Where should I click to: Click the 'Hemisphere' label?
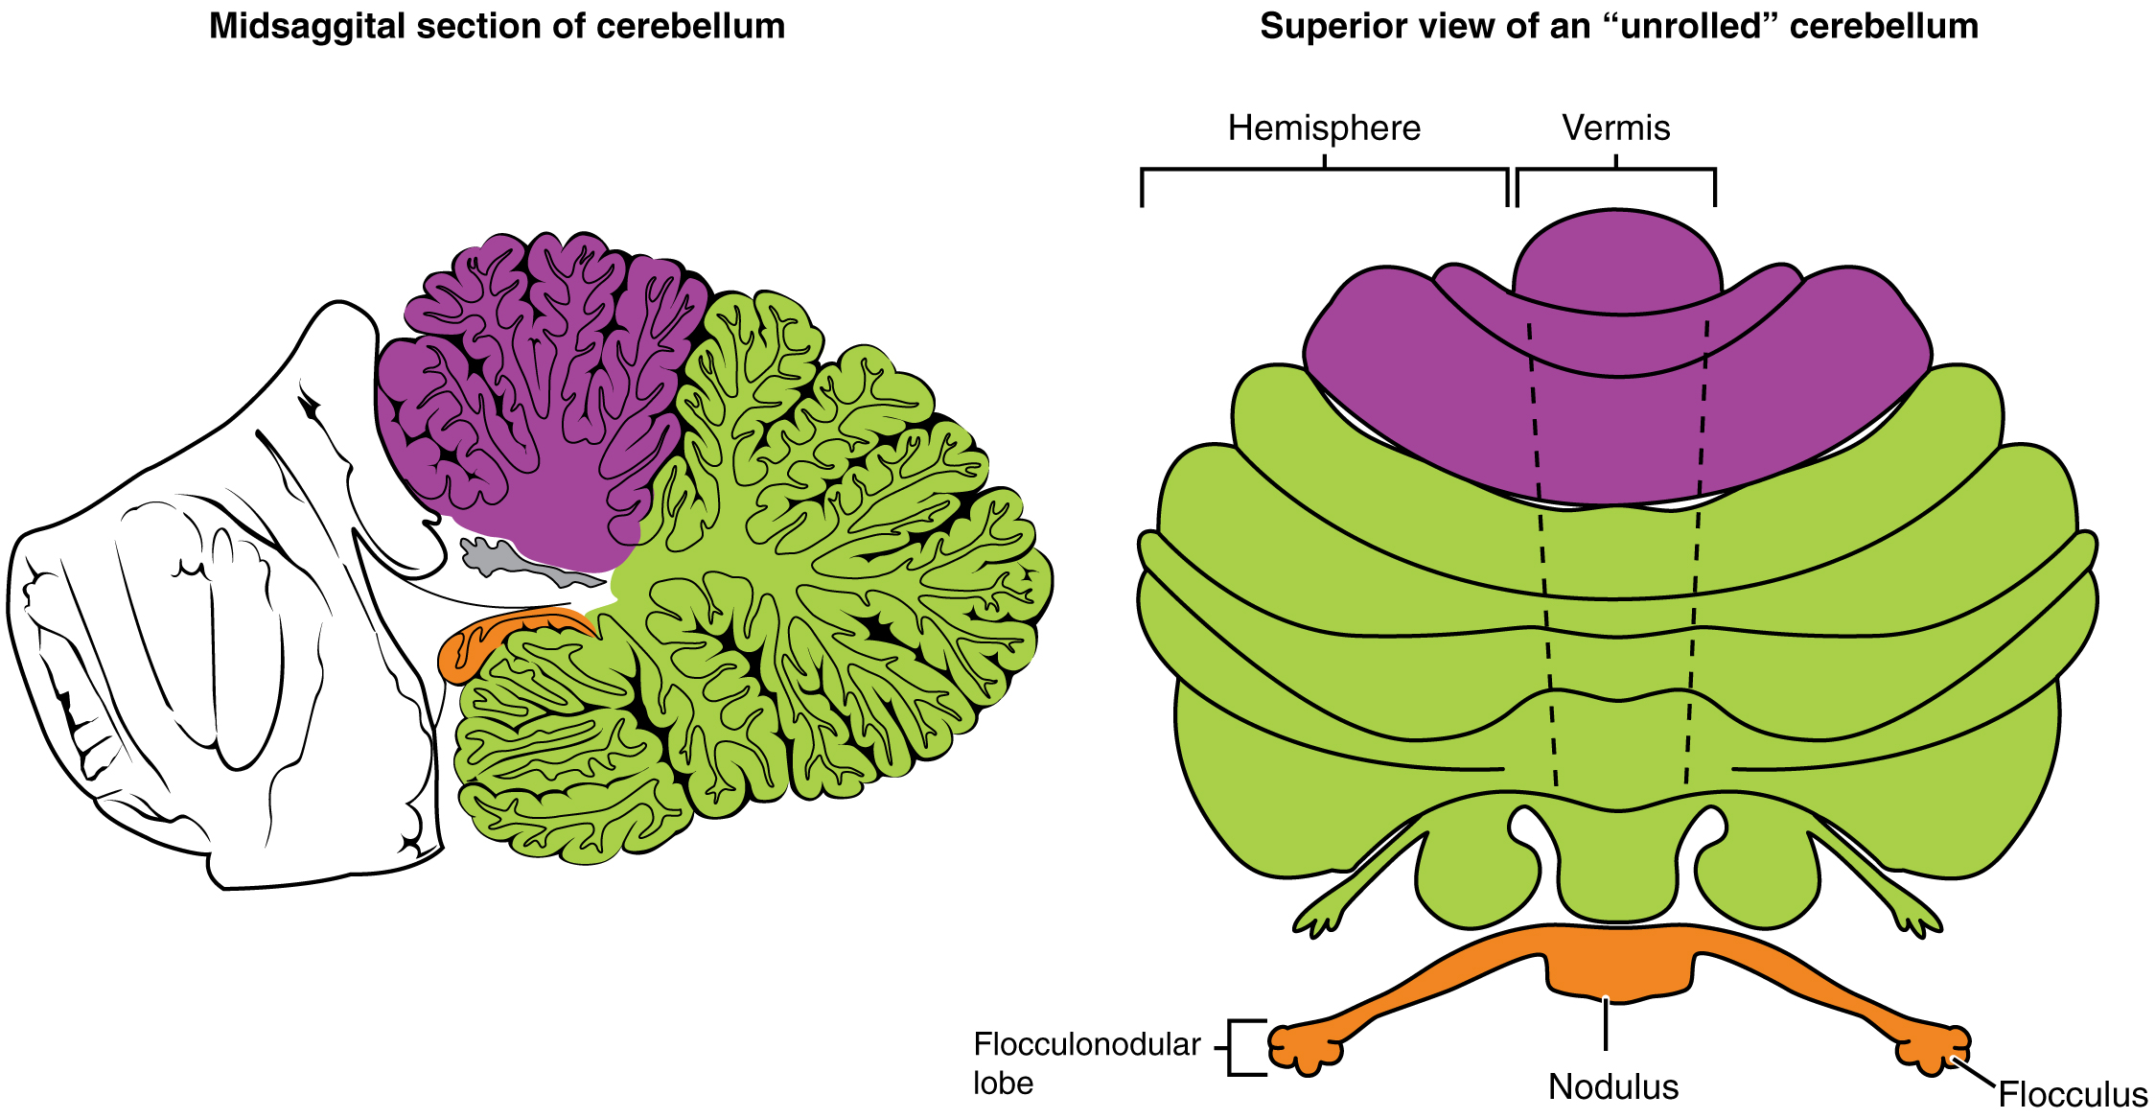click(x=1324, y=128)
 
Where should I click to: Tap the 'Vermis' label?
click(x=1616, y=128)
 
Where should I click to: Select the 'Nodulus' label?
click(x=1613, y=1086)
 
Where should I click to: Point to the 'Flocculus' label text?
click(x=2073, y=1094)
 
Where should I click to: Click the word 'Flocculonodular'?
click(x=1087, y=1044)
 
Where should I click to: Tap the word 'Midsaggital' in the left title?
click(x=297, y=26)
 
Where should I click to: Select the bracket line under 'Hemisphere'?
click(x=1324, y=170)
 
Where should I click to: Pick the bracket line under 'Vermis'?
click(x=1616, y=170)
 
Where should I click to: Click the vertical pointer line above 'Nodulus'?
click(x=1606, y=1024)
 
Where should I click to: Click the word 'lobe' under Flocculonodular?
click(x=1003, y=1083)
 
